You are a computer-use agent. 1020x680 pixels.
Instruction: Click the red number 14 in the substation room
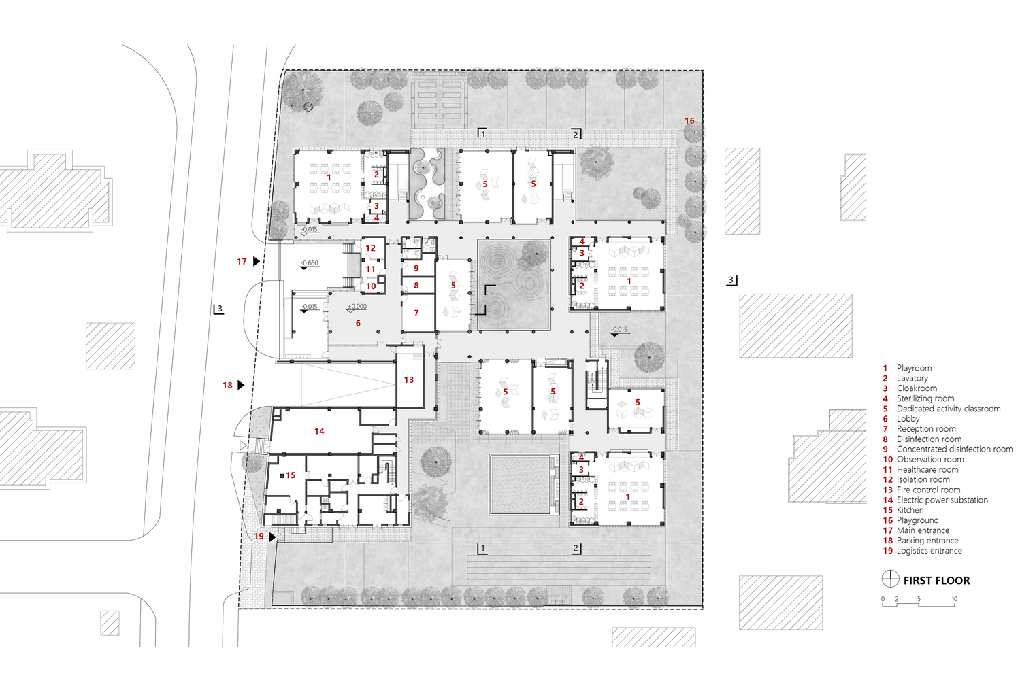(x=319, y=431)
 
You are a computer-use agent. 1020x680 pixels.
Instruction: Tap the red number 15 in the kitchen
(x=291, y=475)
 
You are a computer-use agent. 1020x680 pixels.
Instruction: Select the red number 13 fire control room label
(x=409, y=380)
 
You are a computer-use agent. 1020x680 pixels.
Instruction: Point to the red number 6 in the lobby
(x=358, y=324)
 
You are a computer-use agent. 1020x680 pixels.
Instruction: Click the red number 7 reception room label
(x=416, y=313)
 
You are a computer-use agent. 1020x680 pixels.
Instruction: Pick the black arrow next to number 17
(x=257, y=261)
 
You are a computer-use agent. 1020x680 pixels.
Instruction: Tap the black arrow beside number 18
(x=241, y=385)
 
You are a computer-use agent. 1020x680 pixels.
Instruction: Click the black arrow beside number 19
(x=272, y=537)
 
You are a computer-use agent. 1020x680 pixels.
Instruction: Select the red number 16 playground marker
(x=689, y=121)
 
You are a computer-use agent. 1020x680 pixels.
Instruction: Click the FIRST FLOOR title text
(x=936, y=581)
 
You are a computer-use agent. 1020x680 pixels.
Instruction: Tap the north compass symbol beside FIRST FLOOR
(x=890, y=579)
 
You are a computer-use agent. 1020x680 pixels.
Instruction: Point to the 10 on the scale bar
(x=954, y=599)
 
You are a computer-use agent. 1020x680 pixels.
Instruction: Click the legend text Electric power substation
(x=942, y=500)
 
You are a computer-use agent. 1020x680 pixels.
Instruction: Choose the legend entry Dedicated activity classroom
(x=948, y=409)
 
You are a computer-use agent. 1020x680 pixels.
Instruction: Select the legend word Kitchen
(x=910, y=510)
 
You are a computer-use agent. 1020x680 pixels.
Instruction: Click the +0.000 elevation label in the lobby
(x=357, y=307)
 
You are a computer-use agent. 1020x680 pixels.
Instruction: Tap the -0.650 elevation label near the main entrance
(x=310, y=263)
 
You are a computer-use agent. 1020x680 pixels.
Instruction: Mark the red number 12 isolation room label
(x=370, y=248)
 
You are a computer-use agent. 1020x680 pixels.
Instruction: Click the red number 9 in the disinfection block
(x=416, y=269)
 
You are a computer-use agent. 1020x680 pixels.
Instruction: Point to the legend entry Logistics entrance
(x=929, y=551)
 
